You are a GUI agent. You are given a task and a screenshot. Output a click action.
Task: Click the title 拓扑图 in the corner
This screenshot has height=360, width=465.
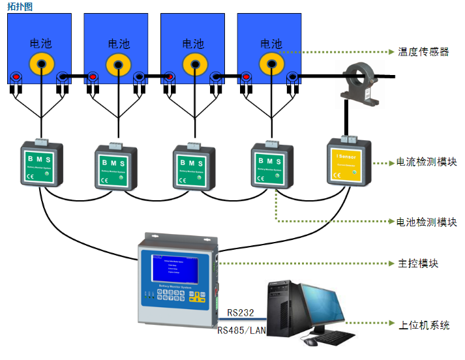pos(20,6)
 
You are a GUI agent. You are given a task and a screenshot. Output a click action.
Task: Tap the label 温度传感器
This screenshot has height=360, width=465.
pos(423,52)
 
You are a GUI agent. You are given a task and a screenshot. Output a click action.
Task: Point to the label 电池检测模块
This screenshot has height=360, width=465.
pos(427,222)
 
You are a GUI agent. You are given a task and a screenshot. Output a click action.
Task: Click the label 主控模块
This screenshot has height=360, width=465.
pos(417,263)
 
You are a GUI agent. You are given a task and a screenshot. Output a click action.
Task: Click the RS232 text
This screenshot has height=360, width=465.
pos(241,314)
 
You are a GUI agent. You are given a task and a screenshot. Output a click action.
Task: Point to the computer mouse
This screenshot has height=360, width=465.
pos(311,342)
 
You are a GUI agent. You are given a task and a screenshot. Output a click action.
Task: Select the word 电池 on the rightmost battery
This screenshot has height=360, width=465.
pos(271,44)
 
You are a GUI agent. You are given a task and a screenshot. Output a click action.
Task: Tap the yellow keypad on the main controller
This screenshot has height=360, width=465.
pos(195,297)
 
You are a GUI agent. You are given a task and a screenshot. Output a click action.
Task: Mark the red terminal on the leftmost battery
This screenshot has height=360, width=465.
pos(16,78)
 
